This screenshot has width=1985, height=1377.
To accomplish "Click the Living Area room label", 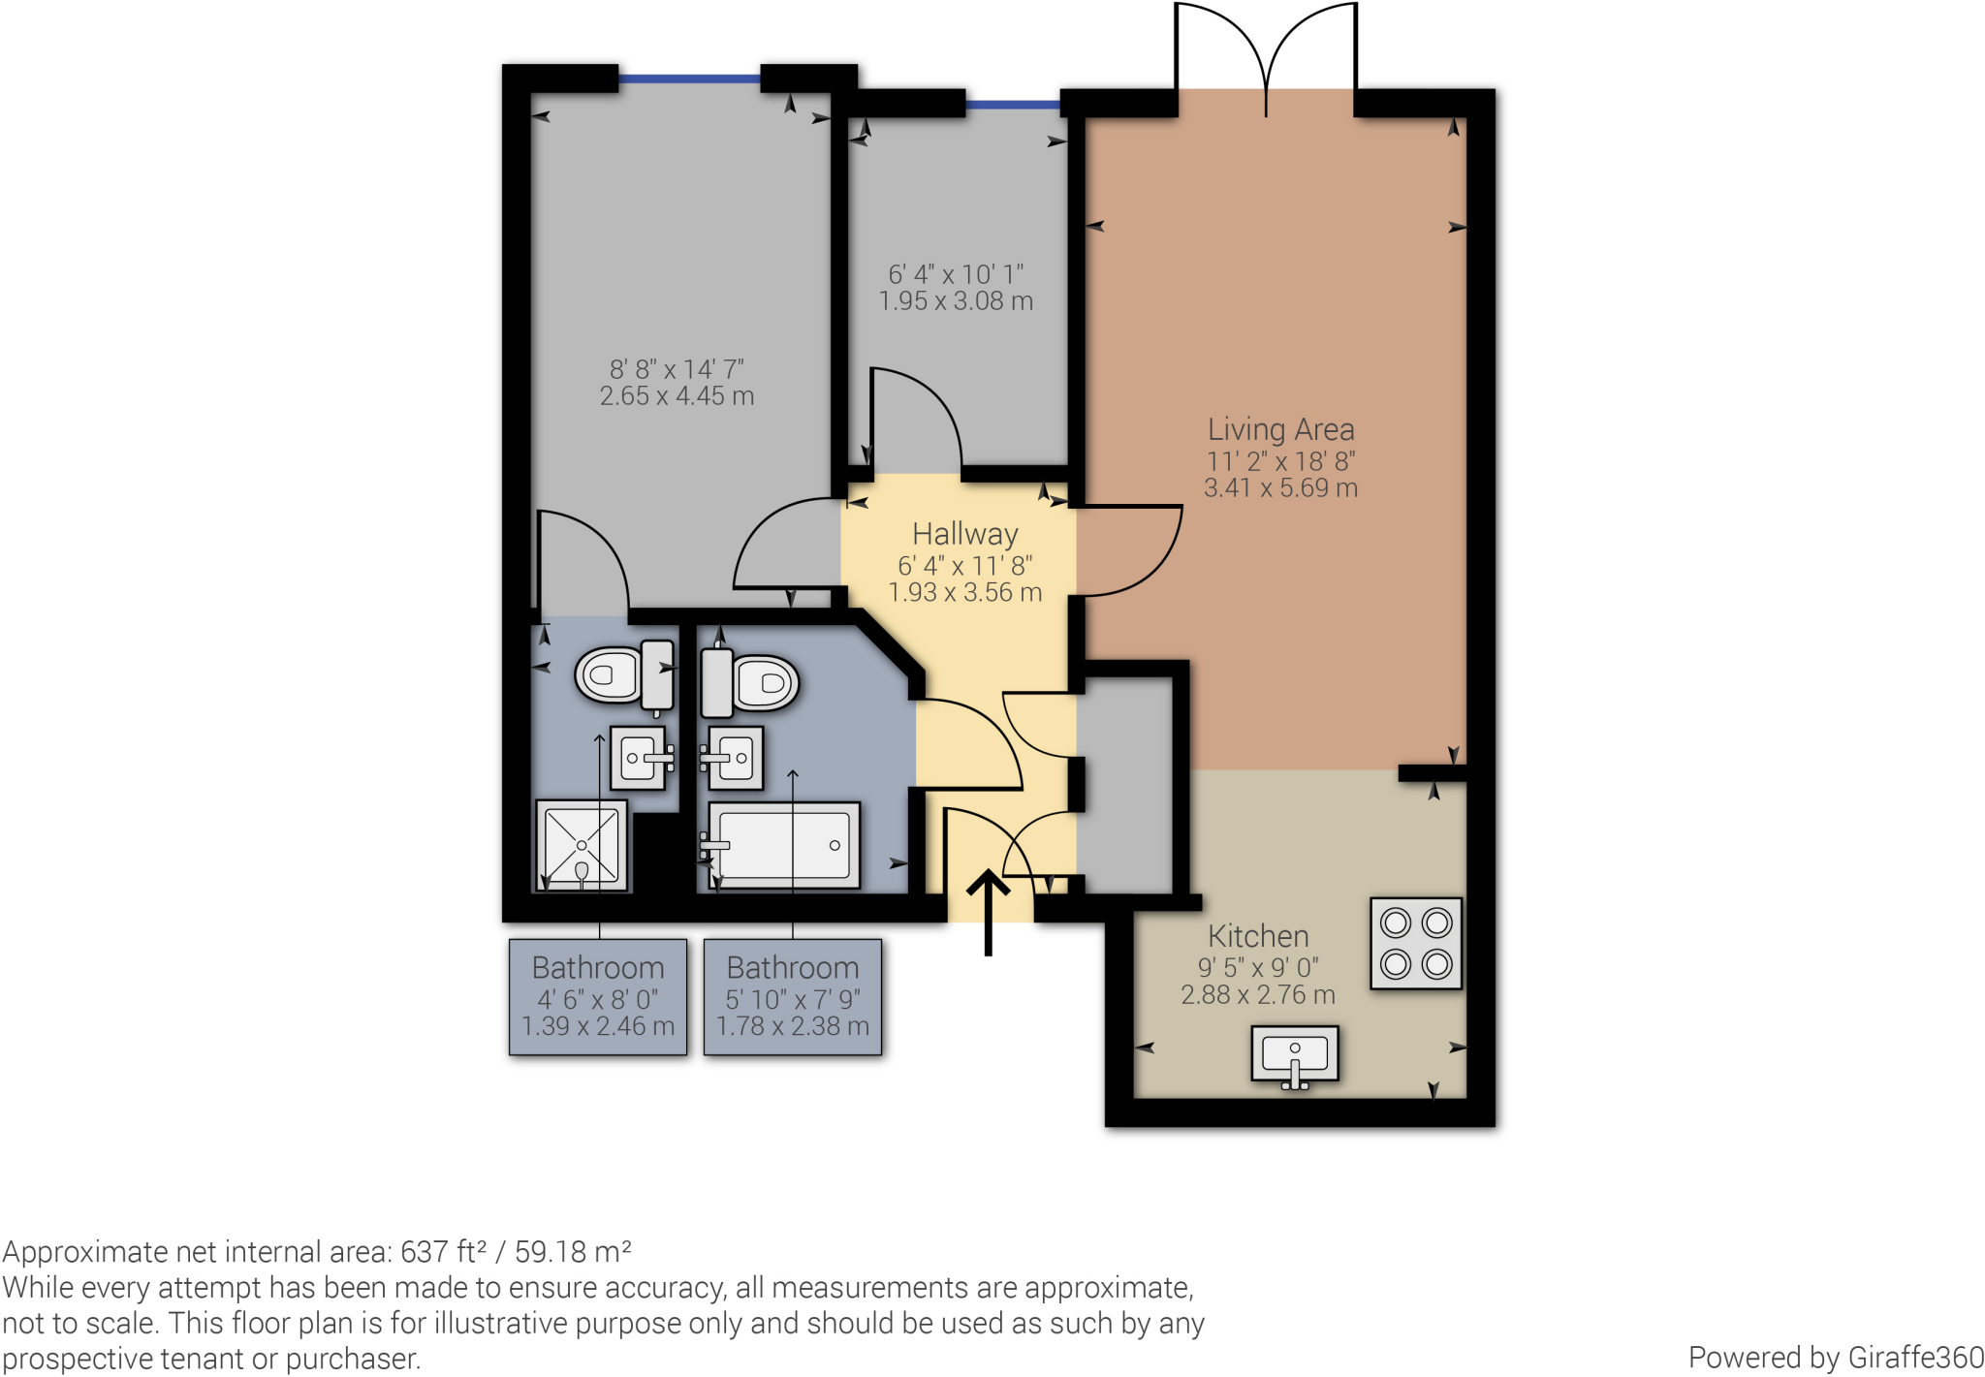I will (x=1280, y=429).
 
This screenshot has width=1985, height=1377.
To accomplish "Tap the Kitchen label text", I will (x=1258, y=936).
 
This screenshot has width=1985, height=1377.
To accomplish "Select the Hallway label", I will (x=965, y=534).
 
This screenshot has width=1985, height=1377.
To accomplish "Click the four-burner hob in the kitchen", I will (x=1415, y=943).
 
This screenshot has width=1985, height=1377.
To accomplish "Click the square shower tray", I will (x=582, y=845).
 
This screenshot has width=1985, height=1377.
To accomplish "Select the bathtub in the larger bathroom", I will (x=784, y=845).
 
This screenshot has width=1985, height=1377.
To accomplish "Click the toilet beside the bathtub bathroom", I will (x=751, y=682).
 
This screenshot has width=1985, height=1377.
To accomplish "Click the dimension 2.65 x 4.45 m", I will (x=677, y=396).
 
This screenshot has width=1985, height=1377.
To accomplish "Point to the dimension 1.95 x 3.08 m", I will (x=956, y=301).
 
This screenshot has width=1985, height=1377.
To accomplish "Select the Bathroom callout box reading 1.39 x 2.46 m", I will (x=598, y=996).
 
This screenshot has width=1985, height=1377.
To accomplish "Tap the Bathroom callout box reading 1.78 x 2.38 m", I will (x=793, y=996).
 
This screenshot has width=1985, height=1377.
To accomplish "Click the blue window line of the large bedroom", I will (x=689, y=78).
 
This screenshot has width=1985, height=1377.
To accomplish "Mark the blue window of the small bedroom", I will (x=1013, y=104).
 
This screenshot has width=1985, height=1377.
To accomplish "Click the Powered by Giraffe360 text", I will (x=1835, y=1357).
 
